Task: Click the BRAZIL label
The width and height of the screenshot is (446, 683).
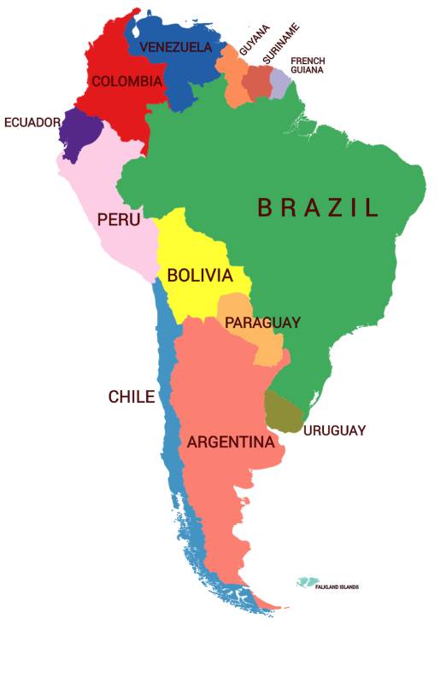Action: click(x=318, y=207)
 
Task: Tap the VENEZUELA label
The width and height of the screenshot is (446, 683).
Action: click(x=175, y=47)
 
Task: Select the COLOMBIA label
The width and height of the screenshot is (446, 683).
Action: click(x=126, y=82)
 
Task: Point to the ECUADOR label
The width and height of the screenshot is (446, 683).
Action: click(x=32, y=123)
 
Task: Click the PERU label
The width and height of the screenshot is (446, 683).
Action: click(x=118, y=220)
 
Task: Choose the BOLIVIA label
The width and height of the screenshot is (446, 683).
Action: click(x=200, y=276)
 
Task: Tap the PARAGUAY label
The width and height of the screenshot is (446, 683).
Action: click(x=262, y=323)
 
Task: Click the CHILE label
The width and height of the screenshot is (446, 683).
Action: click(x=132, y=397)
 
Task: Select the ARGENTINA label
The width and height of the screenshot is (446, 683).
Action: click(x=231, y=442)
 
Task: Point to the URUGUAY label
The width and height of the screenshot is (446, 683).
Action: click(x=335, y=430)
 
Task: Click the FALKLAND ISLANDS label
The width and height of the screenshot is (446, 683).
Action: click(x=337, y=587)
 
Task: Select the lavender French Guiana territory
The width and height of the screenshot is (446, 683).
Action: click(x=281, y=84)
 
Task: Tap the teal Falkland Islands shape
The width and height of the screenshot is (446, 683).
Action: click(x=306, y=582)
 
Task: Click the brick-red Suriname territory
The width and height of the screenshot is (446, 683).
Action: click(x=257, y=83)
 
